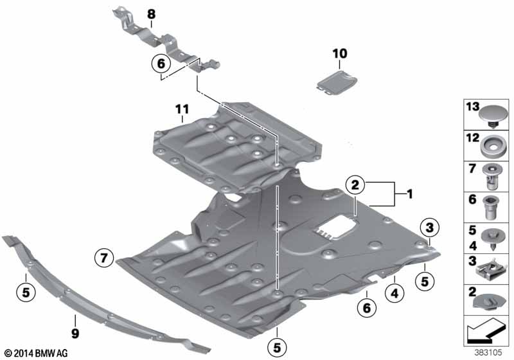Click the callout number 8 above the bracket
coord(151,14)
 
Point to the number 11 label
coord(182,111)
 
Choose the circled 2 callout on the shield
coord(355,185)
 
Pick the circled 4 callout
coord(394,294)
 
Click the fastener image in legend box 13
coord(490,115)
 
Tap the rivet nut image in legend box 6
coord(491,208)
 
